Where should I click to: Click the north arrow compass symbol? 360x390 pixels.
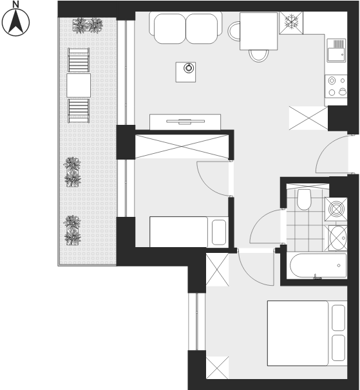15,23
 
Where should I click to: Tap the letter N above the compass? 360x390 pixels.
15,4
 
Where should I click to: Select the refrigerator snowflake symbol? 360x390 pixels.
291,23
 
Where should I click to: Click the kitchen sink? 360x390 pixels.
336,50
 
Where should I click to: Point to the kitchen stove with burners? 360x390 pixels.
336,86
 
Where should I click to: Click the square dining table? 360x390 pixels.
259,32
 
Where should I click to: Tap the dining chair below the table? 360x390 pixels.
259,56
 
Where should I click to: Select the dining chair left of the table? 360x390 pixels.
234,31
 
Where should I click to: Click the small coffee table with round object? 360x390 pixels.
185,72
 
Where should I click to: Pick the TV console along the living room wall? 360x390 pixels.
185,122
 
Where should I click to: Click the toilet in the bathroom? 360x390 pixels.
304,200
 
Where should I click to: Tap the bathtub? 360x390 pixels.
318,265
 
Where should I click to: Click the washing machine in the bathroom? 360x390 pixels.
336,209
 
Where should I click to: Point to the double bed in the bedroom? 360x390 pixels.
307,333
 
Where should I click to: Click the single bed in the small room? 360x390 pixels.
189,232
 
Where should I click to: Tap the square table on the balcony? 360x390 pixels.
79,86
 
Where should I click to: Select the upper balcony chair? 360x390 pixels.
79,60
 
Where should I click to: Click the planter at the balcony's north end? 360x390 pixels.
88,26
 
